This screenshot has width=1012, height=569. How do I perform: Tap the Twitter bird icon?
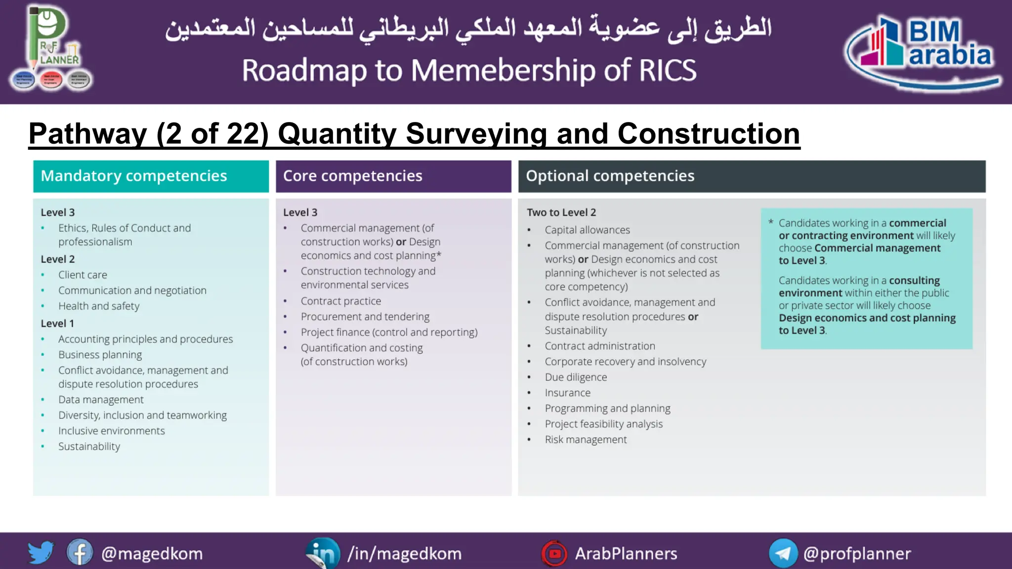tap(41, 553)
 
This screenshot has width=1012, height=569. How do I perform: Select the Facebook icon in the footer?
tap(80, 553)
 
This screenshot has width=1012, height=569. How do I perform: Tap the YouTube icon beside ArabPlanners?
tap(554, 554)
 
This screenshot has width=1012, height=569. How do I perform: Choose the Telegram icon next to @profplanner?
tap(783, 553)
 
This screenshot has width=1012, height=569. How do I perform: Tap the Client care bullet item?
tap(83, 275)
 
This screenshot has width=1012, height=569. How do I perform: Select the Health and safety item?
tap(99, 306)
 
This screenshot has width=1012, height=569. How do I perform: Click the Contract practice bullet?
tap(341, 301)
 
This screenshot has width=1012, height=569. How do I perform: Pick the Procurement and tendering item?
tap(365, 317)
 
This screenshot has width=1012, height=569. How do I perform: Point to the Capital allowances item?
tap(588, 230)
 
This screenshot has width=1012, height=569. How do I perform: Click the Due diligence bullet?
tap(576, 377)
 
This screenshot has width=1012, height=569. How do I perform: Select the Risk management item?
tap(586, 440)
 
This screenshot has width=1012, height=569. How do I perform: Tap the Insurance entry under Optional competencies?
tap(568, 393)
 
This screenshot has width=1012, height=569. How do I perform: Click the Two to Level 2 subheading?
tap(561, 212)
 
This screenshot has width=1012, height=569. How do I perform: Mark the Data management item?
tap(101, 400)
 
